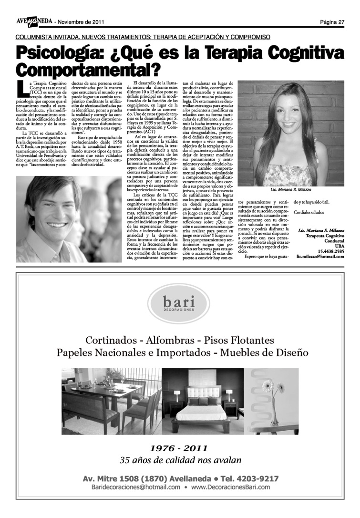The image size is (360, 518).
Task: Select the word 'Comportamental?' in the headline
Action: pyautogui.click(x=87, y=70)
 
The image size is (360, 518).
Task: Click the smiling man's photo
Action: pyautogui.click(x=69, y=219)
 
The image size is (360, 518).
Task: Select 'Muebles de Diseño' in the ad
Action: pyautogui.click(x=265, y=353)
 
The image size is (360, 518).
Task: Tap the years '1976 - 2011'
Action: pyautogui.click(x=179, y=448)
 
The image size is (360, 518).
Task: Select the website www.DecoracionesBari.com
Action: pyautogui.click(x=230, y=487)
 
